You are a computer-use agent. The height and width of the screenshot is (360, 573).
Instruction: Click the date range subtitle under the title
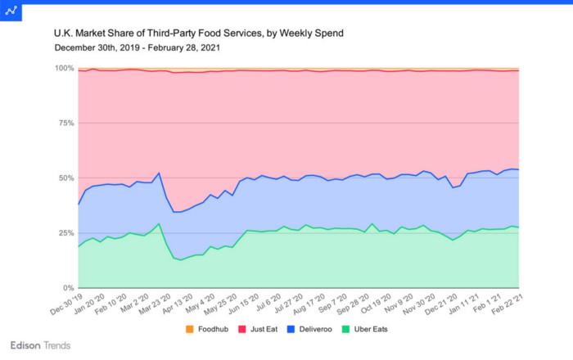point(137,47)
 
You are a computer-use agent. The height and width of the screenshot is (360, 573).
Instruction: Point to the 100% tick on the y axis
point(63,68)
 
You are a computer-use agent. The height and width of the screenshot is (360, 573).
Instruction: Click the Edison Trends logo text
point(40,345)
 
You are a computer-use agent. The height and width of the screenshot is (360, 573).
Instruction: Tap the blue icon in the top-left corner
point(11,11)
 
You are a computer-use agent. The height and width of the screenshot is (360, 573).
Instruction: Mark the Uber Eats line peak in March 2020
point(158,224)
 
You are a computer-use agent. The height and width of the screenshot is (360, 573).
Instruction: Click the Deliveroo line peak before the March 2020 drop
point(158,173)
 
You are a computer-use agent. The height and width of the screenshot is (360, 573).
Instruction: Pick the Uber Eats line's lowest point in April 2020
point(180,260)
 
